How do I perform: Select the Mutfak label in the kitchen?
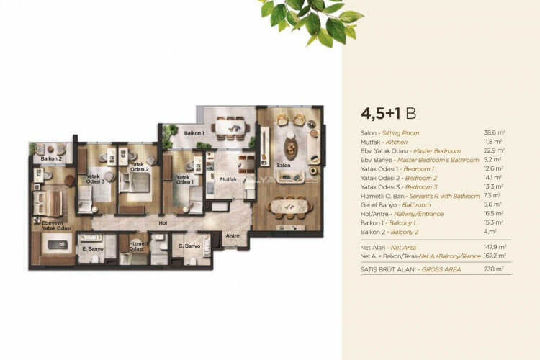click(x=228, y=178)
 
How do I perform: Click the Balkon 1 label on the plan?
click(x=194, y=133)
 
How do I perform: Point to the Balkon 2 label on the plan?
click(x=50, y=158)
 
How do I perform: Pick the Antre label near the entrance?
click(x=231, y=235)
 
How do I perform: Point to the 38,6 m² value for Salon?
click(x=494, y=133)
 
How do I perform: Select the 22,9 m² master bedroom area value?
click(x=494, y=151)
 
